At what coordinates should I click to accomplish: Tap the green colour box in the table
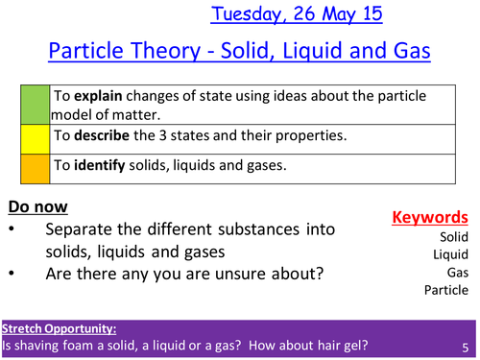(32, 105)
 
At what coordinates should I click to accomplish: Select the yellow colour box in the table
(32, 136)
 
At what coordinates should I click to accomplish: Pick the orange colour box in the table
(32, 165)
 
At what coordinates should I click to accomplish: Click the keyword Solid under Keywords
(453, 236)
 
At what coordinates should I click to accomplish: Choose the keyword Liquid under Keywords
(451, 254)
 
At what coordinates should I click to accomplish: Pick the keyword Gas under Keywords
(457, 273)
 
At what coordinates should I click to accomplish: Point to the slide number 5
(465, 347)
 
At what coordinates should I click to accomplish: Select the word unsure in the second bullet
(289, 275)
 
